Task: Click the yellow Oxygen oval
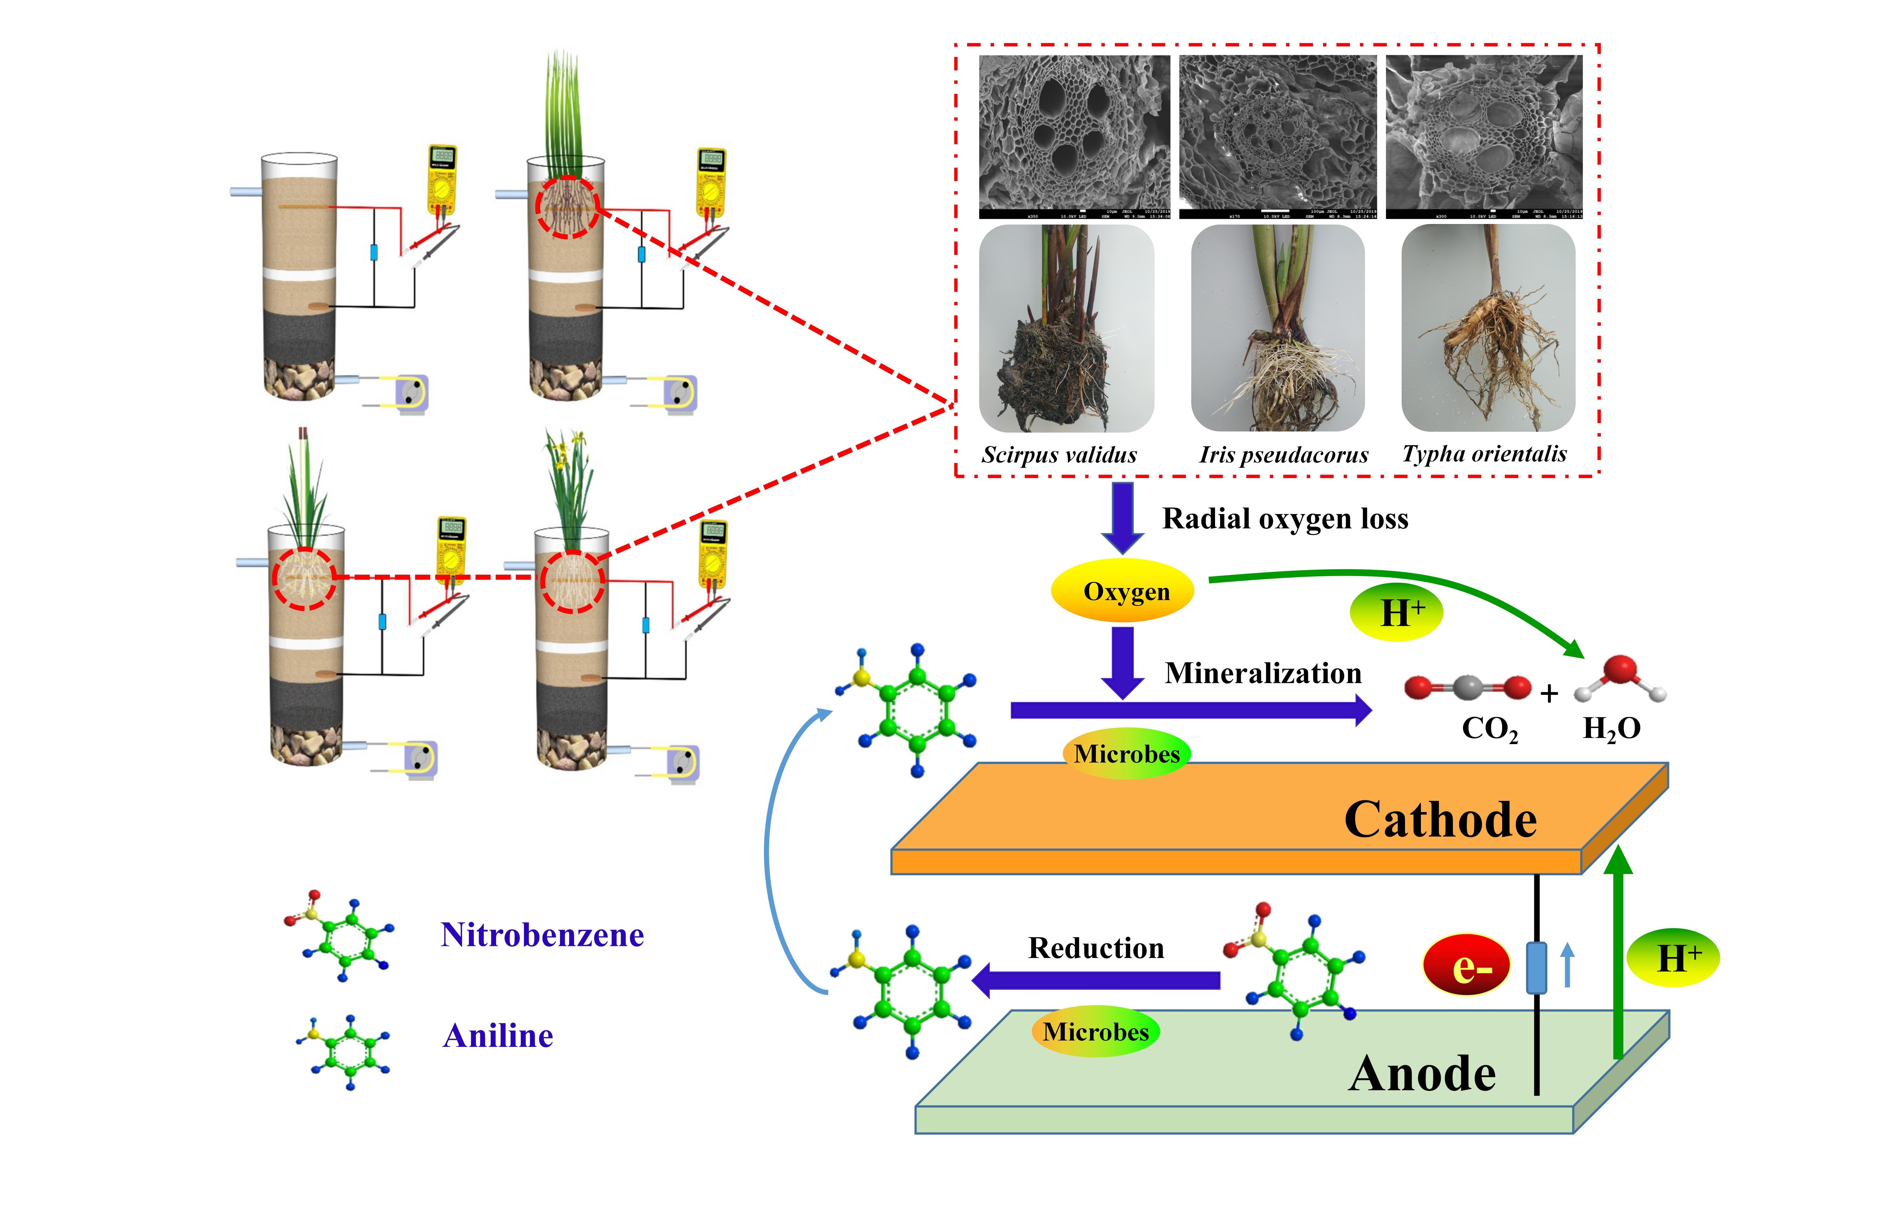(x=1122, y=591)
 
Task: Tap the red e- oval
(x=1467, y=966)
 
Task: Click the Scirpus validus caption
(x=1059, y=455)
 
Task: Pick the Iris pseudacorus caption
(x=1283, y=455)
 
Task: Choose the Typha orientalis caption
(x=1484, y=454)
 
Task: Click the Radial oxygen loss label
(x=1285, y=519)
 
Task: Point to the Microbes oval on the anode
(x=1095, y=1032)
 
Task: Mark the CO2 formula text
(x=1490, y=728)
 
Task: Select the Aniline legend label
(x=498, y=1036)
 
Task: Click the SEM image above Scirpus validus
(x=1074, y=136)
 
